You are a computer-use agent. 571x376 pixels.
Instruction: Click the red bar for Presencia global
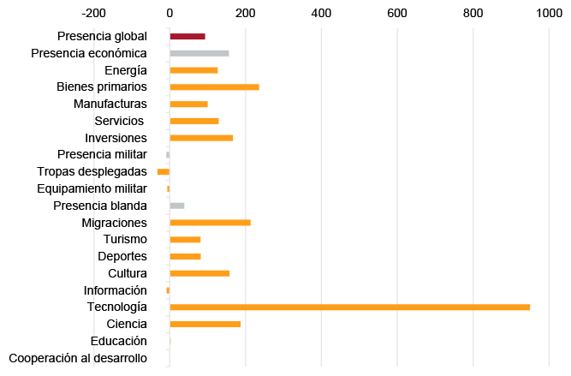[187, 36]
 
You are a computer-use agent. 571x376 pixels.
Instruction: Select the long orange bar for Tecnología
[349, 307]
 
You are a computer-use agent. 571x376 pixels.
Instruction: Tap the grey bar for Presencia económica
[199, 53]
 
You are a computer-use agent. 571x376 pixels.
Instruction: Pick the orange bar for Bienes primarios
[214, 87]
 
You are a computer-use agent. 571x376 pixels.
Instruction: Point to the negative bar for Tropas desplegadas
[164, 172]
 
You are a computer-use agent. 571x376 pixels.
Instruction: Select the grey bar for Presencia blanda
[177, 206]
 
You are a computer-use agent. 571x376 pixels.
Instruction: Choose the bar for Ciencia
[205, 324]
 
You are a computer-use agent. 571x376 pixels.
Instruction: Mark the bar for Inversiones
[201, 138]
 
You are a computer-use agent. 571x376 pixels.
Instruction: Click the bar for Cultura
[199, 273]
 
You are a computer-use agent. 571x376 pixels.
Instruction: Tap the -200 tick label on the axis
[93, 13]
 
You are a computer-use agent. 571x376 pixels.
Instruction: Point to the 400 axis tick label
[321, 13]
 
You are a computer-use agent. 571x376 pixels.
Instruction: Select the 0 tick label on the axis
[170, 13]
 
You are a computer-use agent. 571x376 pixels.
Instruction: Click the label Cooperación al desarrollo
[78, 358]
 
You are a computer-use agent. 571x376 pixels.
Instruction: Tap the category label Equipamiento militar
[92, 188]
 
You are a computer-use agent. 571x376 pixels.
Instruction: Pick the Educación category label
[117, 341]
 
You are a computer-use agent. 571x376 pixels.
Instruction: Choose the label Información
[115, 290]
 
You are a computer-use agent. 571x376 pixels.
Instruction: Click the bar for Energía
[193, 70]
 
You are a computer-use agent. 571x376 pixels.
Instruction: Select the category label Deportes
[122, 256]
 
